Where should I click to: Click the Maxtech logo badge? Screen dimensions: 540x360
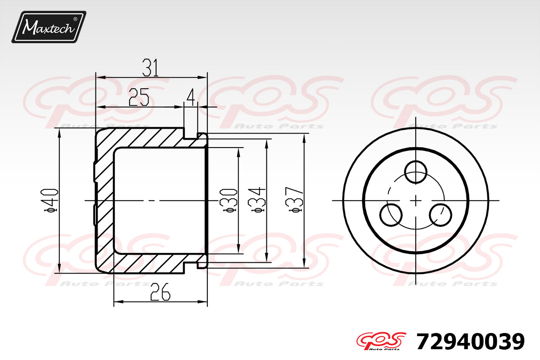pyautogui.click(x=49, y=27)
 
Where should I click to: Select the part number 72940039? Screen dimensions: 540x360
pyautogui.click(x=470, y=342)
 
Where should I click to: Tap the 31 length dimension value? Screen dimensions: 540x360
pyautogui.click(x=150, y=68)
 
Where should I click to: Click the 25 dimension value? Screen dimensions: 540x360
pyautogui.click(x=139, y=97)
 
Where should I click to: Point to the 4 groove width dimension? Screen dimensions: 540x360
pyautogui.click(x=191, y=97)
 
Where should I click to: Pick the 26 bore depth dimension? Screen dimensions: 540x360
pyautogui.click(x=160, y=292)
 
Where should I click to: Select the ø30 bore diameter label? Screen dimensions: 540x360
pyautogui.click(x=228, y=201)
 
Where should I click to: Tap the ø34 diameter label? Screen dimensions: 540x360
pyautogui.click(x=256, y=200)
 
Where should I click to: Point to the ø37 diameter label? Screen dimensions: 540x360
pyautogui.click(x=294, y=200)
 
